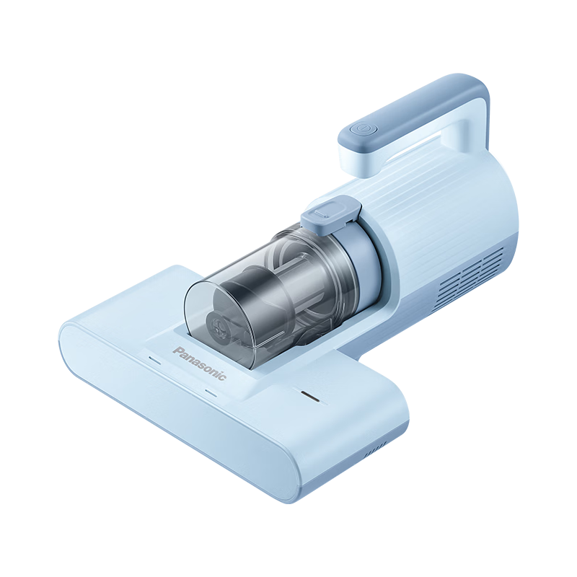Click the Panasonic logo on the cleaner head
click(x=200, y=364)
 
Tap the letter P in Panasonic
click(x=177, y=350)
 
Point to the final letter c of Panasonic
click(x=224, y=378)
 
